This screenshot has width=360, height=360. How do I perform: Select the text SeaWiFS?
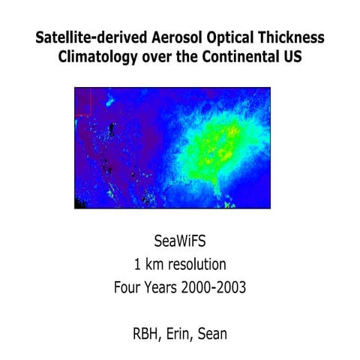click(x=180, y=242)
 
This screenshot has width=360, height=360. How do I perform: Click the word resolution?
click(x=197, y=264)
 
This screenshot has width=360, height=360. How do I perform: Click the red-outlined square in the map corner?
click(x=82, y=101)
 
